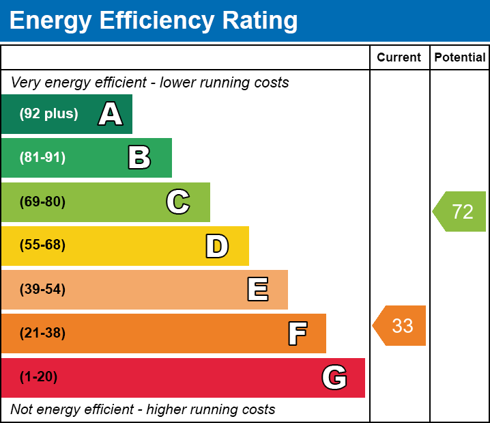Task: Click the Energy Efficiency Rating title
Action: (x=154, y=21)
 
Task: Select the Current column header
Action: (x=399, y=58)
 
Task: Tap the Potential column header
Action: (x=460, y=58)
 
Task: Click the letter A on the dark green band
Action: (x=111, y=114)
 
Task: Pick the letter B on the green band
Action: (x=139, y=158)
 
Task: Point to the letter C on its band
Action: (x=178, y=202)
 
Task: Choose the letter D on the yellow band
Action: (x=217, y=246)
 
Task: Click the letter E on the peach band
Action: (x=257, y=290)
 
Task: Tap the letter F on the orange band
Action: (x=297, y=333)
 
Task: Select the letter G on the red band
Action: (x=334, y=377)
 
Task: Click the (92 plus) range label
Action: (x=48, y=114)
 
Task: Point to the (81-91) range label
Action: (x=42, y=158)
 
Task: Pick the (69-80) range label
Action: (x=42, y=202)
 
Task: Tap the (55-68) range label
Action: (x=42, y=245)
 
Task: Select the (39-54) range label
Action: (x=42, y=290)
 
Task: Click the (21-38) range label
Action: (x=42, y=333)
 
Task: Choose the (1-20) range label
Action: (x=39, y=377)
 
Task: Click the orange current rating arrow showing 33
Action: (x=400, y=326)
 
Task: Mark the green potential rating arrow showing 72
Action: (x=460, y=212)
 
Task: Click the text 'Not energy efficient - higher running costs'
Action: (x=143, y=410)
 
